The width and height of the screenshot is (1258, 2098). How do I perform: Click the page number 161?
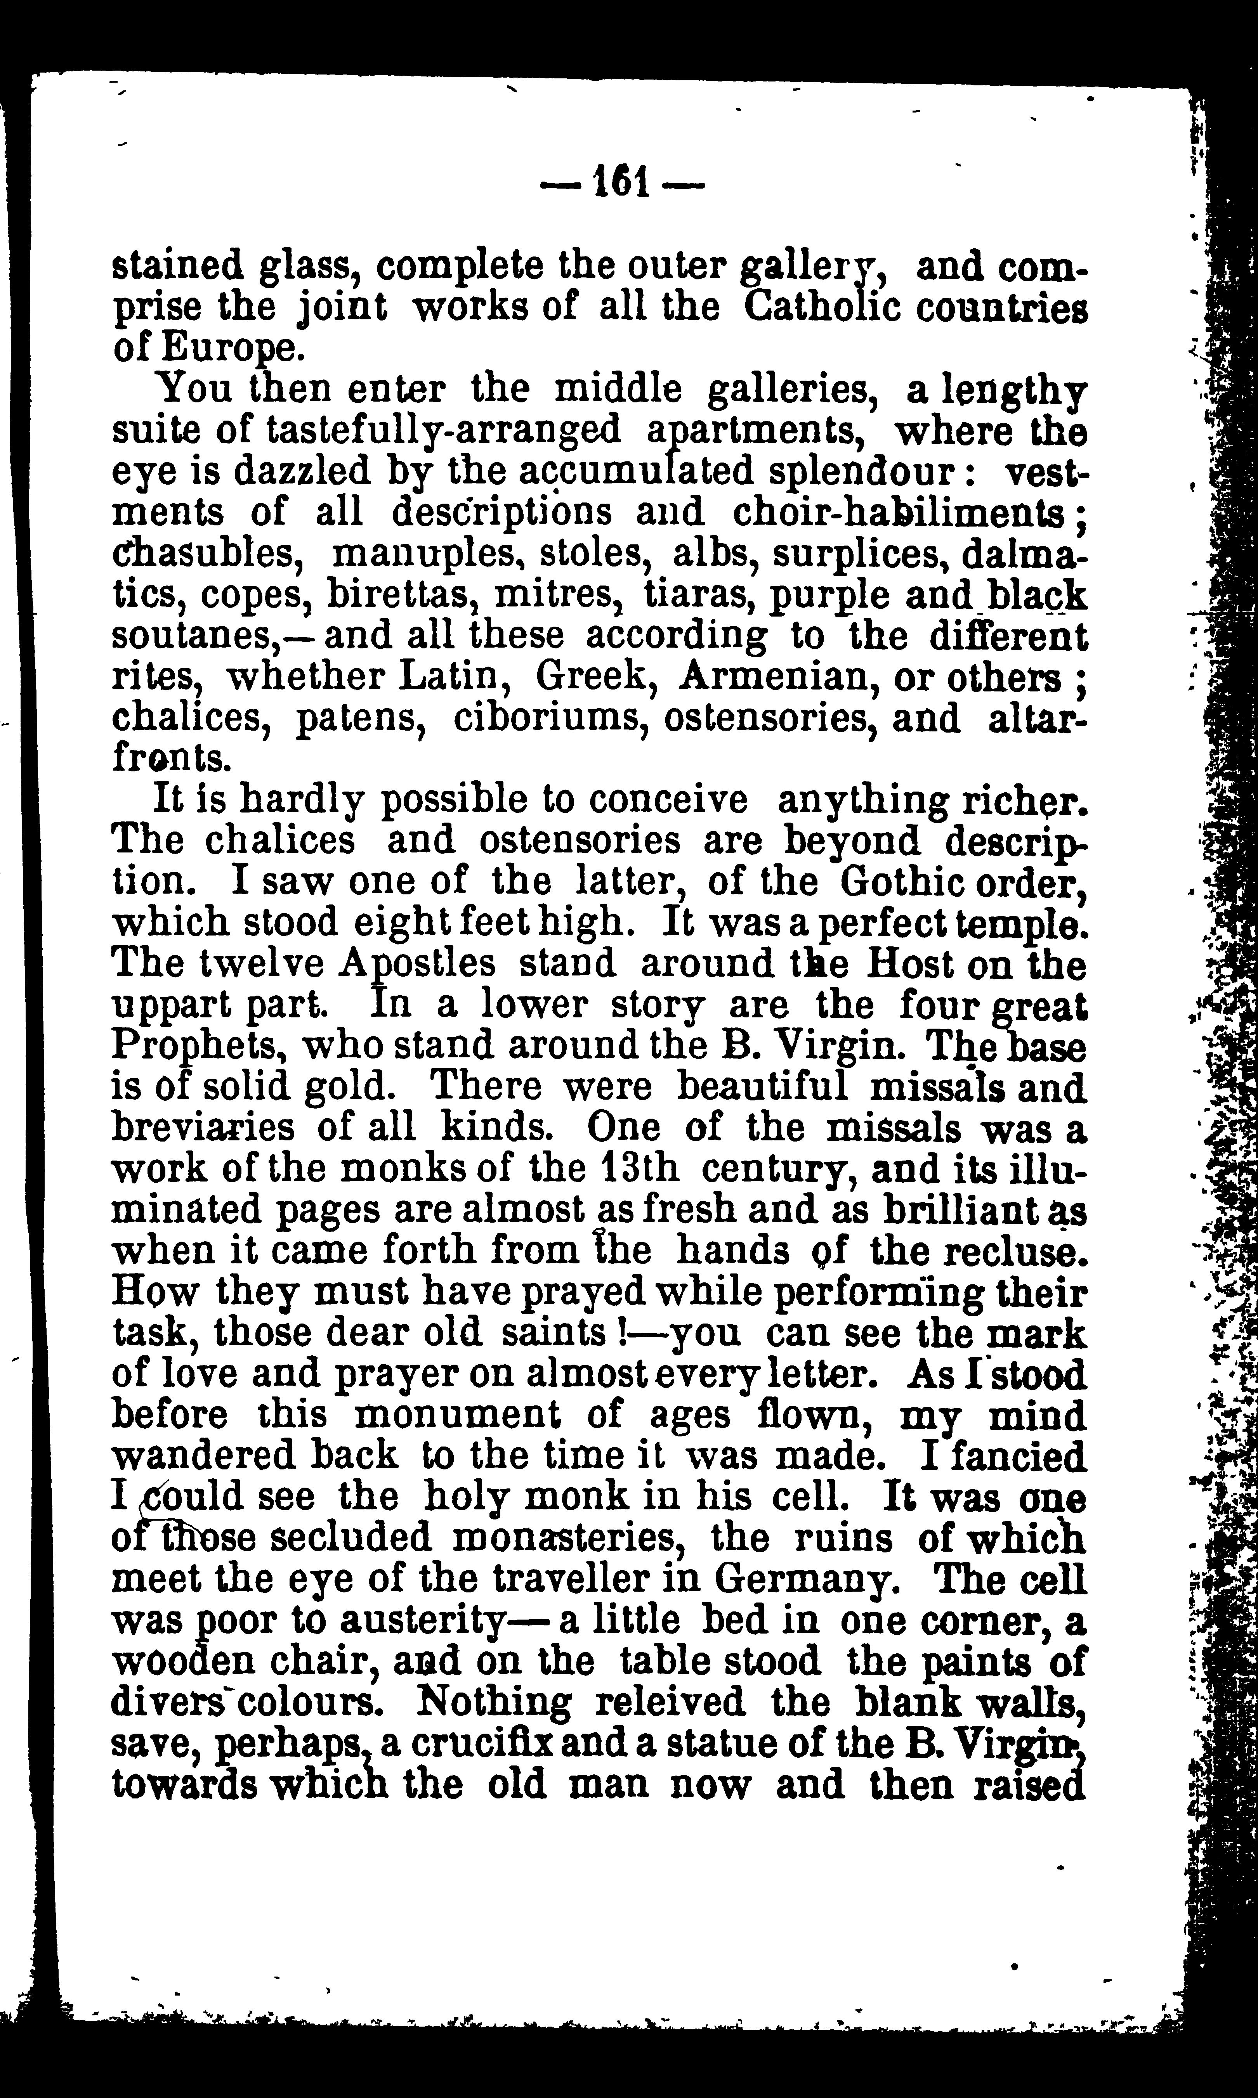coord(622,180)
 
